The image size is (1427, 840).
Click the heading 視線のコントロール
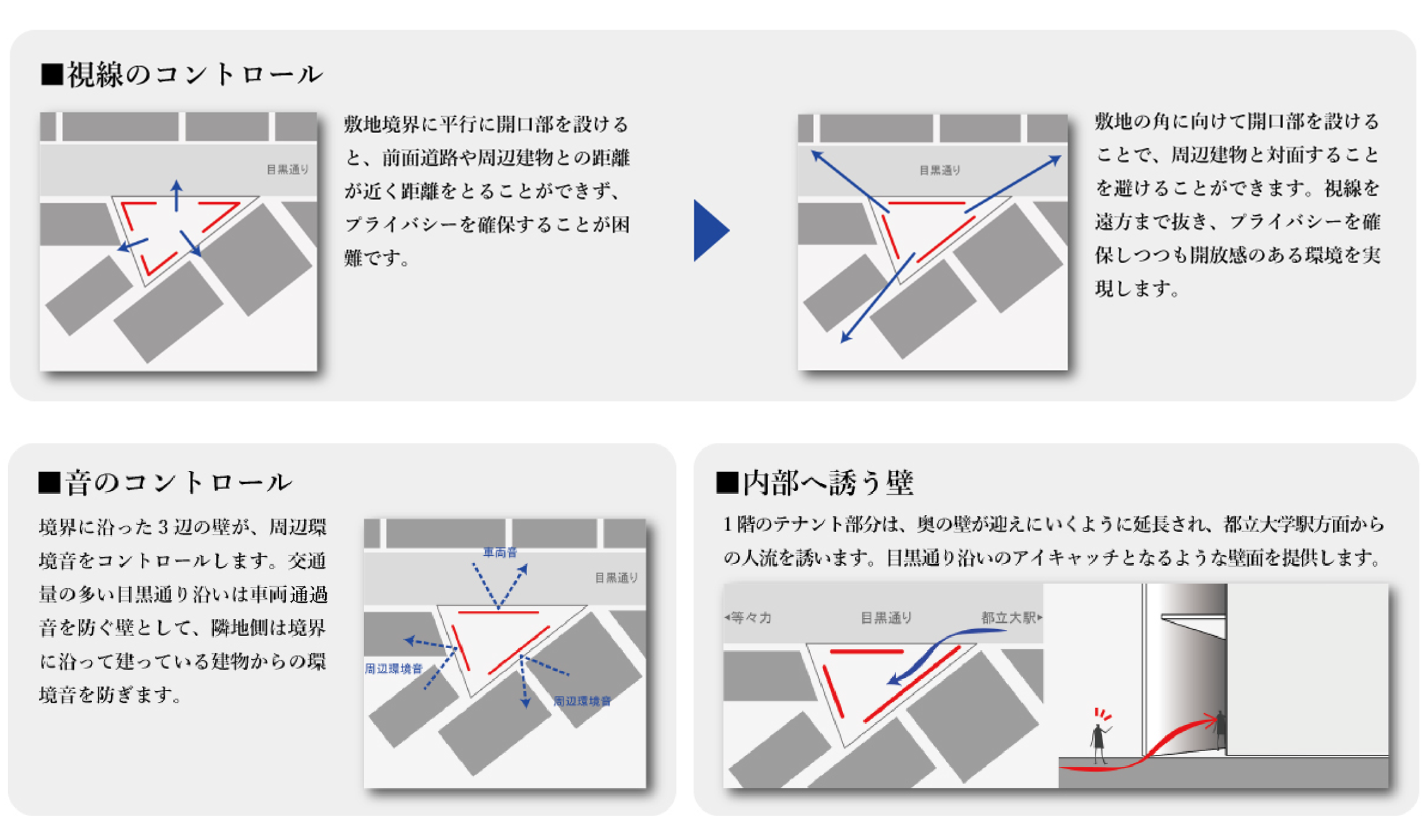[x=195, y=74]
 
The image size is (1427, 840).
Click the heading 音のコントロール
[x=179, y=482]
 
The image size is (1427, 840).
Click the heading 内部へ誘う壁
[x=827, y=483]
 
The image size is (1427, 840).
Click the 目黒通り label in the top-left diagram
[x=287, y=169]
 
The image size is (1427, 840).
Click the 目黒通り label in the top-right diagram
[x=939, y=170]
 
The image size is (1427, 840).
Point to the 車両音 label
[x=500, y=552]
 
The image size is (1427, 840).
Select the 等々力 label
[x=750, y=617]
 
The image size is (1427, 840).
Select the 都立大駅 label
[x=1011, y=617]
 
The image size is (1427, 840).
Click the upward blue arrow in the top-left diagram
[x=177, y=196]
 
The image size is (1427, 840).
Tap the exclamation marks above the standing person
[x=1103, y=714]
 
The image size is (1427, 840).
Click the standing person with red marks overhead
[x=1099, y=743]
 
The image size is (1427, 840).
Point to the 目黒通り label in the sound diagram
[x=616, y=577]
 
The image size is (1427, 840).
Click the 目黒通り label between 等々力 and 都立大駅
[x=886, y=617]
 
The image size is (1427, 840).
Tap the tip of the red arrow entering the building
[x=1217, y=718]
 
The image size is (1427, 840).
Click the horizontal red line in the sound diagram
[x=498, y=612]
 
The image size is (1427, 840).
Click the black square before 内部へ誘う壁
[x=727, y=483]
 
